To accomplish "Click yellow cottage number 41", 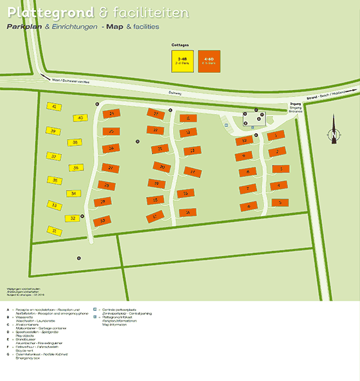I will click(55, 106).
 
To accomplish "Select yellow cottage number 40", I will click(80, 118).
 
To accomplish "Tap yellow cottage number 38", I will click(76, 142).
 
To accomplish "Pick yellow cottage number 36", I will click(76, 167).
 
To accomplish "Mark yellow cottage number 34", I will click(74, 193).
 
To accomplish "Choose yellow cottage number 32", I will click(73, 218).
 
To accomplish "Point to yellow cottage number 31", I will click(55, 230).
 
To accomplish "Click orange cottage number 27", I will click(111, 168).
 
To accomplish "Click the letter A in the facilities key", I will click(8, 310).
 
